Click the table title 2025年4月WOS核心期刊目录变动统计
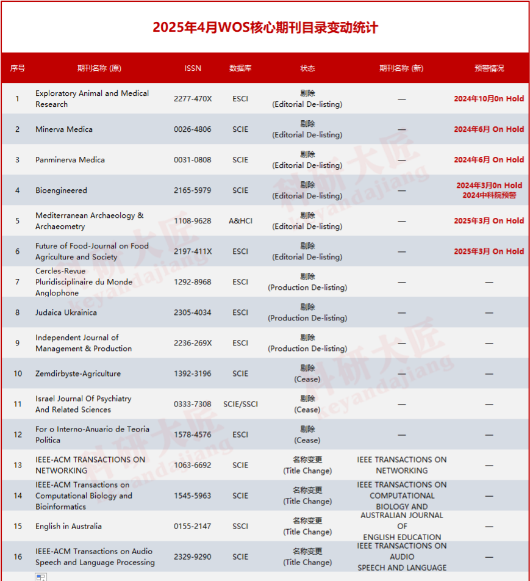click(265, 28)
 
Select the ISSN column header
click(193, 68)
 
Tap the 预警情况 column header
click(489, 68)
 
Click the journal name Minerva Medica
click(64, 129)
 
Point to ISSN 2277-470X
click(193, 99)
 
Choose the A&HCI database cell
click(240, 221)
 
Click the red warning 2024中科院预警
click(489, 195)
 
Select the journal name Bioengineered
click(61, 190)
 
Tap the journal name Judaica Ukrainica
click(66, 312)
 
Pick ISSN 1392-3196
click(193, 374)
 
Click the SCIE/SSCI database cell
click(240, 404)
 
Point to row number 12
click(18, 435)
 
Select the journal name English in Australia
click(68, 526)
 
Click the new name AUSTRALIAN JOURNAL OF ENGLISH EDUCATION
click(402, 526)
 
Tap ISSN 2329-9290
click(193, 557)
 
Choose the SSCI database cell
click(240, 526)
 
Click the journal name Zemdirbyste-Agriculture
click(78, 374)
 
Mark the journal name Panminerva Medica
click(70, 160)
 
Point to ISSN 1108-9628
click(193, 221)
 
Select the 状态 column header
click(307, 68)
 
